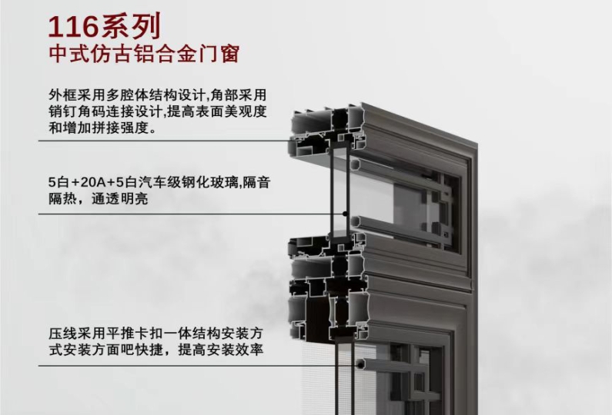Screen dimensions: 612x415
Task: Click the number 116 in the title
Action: [x=73, y=26]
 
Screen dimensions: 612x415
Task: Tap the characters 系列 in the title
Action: [x=131, y=26]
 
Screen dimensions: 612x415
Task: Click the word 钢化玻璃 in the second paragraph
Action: [x=209, y=182]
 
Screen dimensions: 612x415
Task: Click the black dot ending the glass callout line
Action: [x=345, y=214]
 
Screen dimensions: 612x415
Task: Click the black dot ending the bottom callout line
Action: [x=360, y=365]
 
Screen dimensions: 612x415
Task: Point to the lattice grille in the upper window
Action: [x=440, y=211]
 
